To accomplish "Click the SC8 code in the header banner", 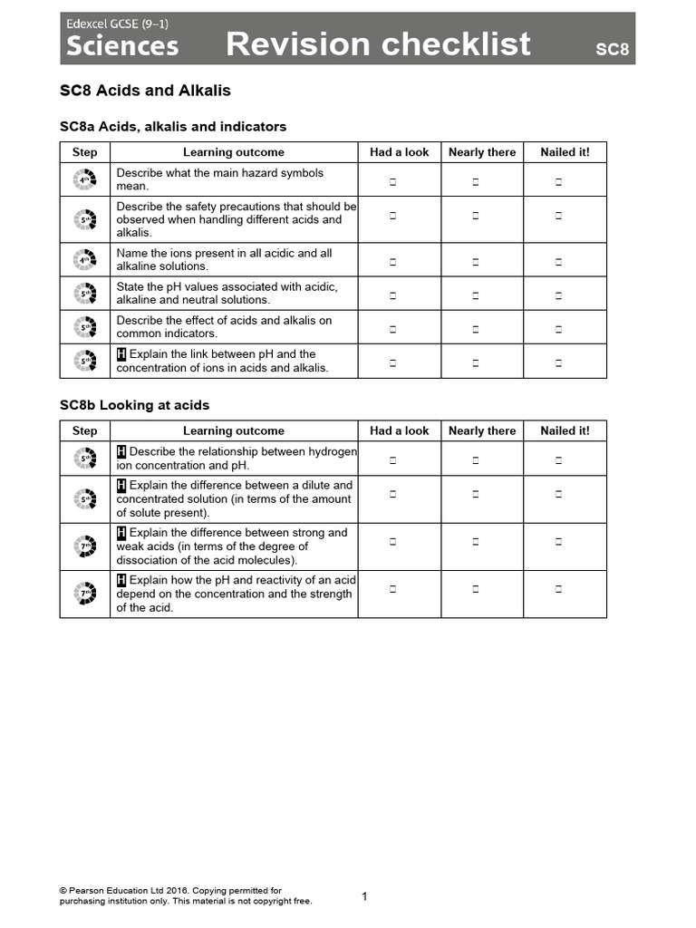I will pyautogui.click(x=612, y=49).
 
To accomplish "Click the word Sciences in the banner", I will pyautogui.click(x=122, y=45).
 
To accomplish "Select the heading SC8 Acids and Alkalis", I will pyautogui.click(x=145, y=90).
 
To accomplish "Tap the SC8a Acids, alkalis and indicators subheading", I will pyautogui.click(x=173, y=127).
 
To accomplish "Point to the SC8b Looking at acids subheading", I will pyautogui.click(x=134, y=405).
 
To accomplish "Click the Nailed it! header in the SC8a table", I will pyautogui.click(x=565, y=152).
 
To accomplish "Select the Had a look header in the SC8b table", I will pyautogui.click(x=399, y=431).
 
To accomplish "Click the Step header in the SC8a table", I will pyautogui.click(x=84, y=152).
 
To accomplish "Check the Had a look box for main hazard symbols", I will pyautogui.click(x=393, y=182).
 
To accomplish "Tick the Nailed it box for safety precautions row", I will pyautogui.click(x=558, y=216).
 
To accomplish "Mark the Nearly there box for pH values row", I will pyautogui.click(x=475, y=295).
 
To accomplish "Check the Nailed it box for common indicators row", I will pyautogui.click(x=558, y=329).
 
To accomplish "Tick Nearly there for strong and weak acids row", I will pyautogui.click(x=475, y=541).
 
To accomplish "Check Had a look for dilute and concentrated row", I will pyautogui.click(x=393, y=494).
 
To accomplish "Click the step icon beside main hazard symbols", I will pyautogui.click(x=84, y=180).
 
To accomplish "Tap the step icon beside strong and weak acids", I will pyautogui.click(x=84, y=546).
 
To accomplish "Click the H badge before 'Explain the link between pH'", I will pyautogui.click(x=121, y=354).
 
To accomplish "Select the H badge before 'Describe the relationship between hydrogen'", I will pyautogui.click(x=121, y=451).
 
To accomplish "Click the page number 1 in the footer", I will pyautogui.click(x=364, y=896).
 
